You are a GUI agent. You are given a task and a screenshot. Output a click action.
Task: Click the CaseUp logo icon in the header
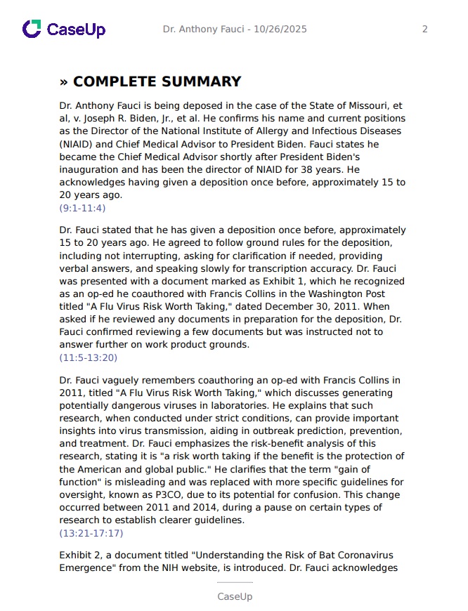click(32, 29)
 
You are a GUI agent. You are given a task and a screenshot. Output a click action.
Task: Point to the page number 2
click(424, 29)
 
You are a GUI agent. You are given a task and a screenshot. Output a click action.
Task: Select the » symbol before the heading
click(64, 82)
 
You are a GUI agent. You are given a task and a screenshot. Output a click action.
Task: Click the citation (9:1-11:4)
click(82, 208)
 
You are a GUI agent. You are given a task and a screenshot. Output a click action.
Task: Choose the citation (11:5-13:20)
click(88, 357)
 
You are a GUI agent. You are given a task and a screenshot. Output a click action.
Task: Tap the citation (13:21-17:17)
click(91, 533)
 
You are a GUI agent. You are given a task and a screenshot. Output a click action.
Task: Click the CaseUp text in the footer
click(234, 596)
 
